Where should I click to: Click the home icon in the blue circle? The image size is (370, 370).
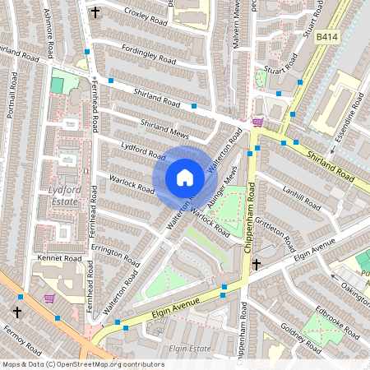pyautogui.click(x=185, y=178)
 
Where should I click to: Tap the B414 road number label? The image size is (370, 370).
pyautogui.click(x=327, y=37)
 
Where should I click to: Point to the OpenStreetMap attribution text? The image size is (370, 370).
pyautogui.click(x=72, y=363)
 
